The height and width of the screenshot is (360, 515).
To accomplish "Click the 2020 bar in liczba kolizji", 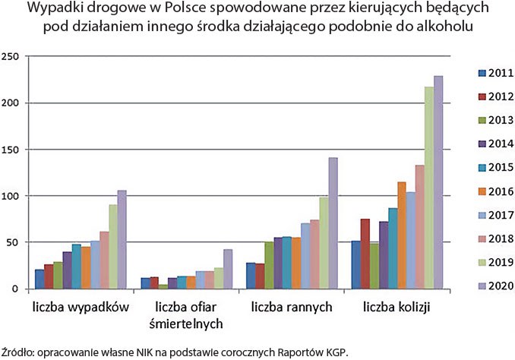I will (x=438, y=182).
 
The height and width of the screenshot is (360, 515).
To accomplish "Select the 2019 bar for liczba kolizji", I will (x=429, y=188).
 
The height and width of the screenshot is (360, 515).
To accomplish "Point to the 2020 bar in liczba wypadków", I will (x=122, y=239).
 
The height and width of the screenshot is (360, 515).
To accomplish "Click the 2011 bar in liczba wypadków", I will (x=39, y=279).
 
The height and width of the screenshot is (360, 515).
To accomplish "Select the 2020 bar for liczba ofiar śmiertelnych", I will (x=227, y=269).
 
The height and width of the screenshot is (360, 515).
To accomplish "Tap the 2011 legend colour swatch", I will (x=481, y=73).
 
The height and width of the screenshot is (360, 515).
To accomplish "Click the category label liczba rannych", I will (x=287, y=308).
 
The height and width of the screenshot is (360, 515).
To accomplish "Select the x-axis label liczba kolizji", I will (x=397, y=308).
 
